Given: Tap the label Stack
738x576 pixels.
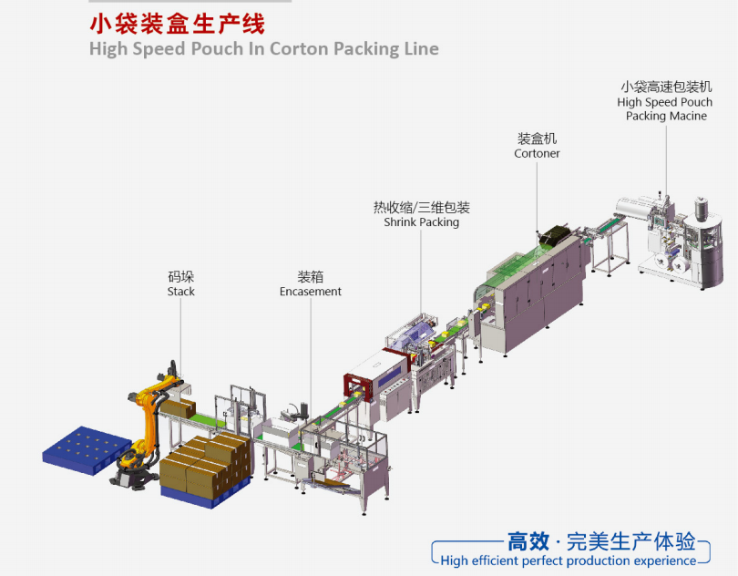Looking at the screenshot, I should coord(180,292).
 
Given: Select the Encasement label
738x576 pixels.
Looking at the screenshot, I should coord(311,292).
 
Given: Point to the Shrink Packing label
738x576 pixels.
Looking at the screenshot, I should coord(421,222).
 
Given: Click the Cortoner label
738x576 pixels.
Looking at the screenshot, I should coord(537,154).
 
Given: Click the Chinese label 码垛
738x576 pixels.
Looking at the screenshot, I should coord(180,276).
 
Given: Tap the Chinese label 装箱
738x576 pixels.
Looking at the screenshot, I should coord(311,276).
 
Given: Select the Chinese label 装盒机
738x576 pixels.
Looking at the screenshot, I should coord(537,139).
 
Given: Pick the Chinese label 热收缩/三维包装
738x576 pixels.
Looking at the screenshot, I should coord(421,207).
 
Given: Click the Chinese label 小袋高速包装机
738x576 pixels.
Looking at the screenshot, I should coord(665,87).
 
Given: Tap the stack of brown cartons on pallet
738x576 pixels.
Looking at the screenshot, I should coord(205,465).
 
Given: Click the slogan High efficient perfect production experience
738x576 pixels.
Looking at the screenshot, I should coord(568,561).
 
